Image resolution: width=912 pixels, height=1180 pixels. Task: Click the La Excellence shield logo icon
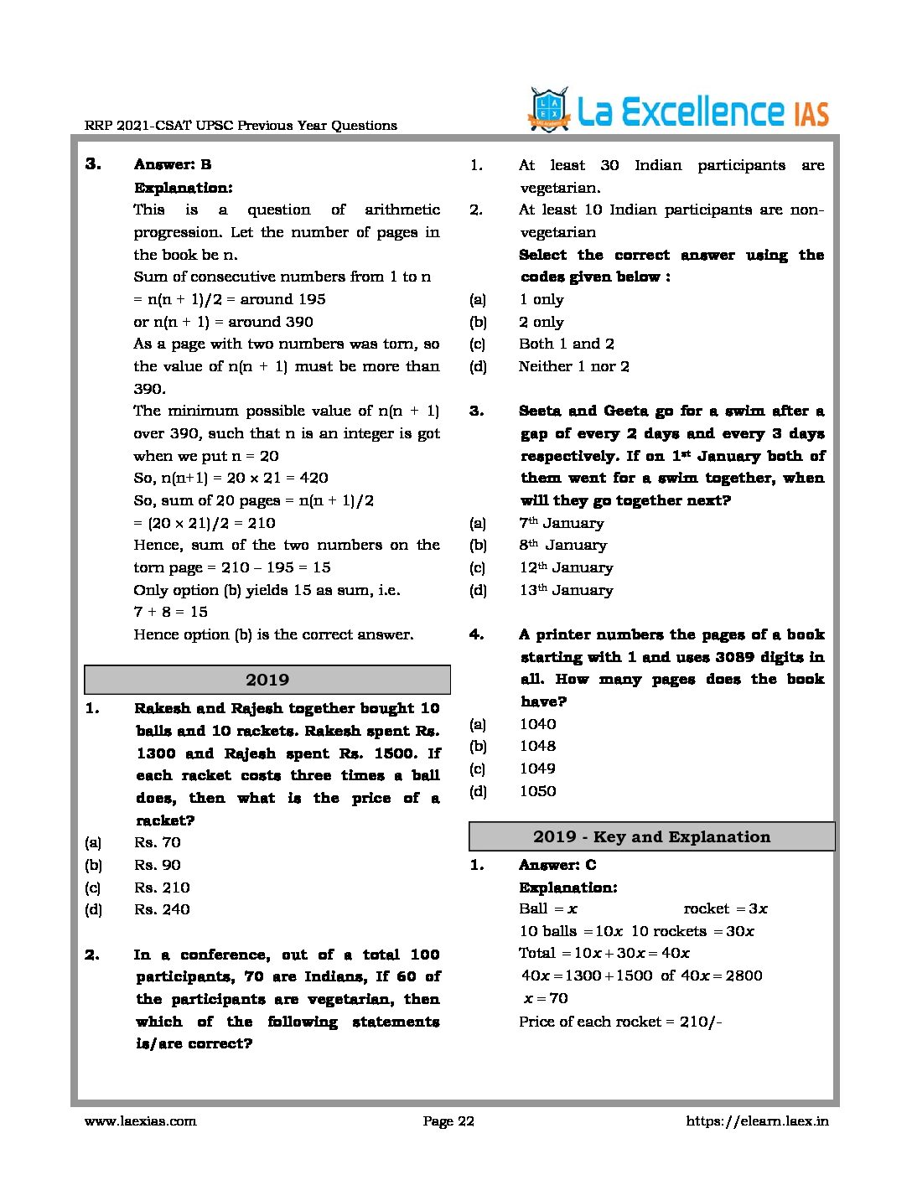[x=549, y=110]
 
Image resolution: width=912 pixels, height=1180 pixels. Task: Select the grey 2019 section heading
[x=267, y=680]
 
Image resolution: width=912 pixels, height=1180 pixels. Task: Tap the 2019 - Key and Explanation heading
[x=651, y=836]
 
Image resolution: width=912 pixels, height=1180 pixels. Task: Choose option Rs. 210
[x=162, y=888]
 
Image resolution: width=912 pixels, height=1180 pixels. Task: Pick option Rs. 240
[x=162, y=909]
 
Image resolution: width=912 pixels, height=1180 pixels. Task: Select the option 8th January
[x=562, y=546]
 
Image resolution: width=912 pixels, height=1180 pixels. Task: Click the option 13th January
[x=566, y=590]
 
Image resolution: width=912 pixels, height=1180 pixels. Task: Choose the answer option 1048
[x=537, y=746]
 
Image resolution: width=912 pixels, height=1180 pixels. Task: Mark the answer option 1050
[x=537, y=791]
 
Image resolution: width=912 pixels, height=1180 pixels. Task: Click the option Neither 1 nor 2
[x=574, y=366]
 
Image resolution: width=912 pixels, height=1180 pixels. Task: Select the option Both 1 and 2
[x=567, y=344]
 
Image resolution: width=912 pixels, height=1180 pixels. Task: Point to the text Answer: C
[x=557, y=865]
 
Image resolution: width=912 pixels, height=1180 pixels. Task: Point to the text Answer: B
[x=173, y=164]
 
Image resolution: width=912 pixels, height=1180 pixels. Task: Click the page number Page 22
[x=448, y=1121]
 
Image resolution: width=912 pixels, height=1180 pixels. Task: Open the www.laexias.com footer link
[x=140, y=1121]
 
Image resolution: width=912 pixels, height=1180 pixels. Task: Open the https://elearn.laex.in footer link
[x=757, y=1121]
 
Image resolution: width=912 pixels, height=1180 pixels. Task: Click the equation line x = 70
[x=546, y=998]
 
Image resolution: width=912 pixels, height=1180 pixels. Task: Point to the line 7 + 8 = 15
[x=170, y=612]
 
